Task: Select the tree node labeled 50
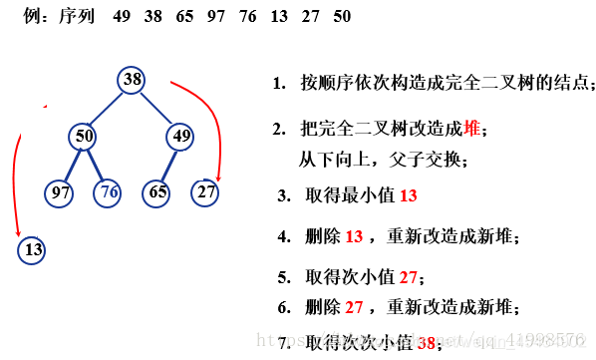point(85,136)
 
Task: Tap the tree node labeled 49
point(180,136)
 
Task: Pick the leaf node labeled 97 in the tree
point(60,190)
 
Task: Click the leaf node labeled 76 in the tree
point(110,190)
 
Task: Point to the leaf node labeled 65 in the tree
point(156,190)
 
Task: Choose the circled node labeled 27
point(205,190)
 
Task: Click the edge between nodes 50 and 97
point(73,163)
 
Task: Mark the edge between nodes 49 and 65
point(168,163)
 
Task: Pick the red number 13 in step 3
point(409,195)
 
